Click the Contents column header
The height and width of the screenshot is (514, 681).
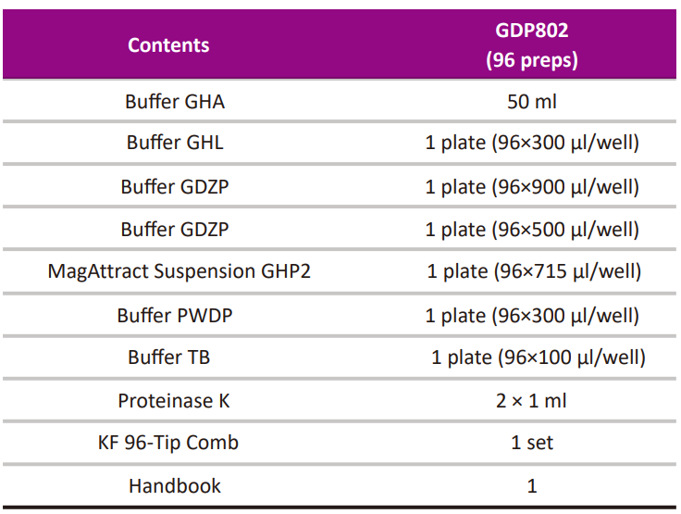coord(168,44)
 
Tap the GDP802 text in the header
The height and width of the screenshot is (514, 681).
coord(532,31)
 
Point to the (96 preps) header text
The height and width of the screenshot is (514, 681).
coord(532,61)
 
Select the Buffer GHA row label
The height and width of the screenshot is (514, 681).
coord(175,102)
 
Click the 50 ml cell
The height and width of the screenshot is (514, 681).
coord(532,102)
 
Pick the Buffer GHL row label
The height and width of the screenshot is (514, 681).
coord(175,144)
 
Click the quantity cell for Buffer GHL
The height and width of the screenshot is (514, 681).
coord(532,144)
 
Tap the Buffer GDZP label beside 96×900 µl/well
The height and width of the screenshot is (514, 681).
coord(175,186)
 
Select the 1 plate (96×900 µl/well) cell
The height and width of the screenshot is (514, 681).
coord(532,186)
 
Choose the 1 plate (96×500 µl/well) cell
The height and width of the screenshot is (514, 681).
coord(532,229)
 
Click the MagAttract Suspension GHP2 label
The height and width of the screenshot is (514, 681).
coord(178,271)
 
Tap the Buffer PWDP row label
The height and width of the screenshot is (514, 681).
coord(175,315)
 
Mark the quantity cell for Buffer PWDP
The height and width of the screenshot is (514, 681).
coord(532,315)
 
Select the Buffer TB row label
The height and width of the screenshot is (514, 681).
coord(175,357)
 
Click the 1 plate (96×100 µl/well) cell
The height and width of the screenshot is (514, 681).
coord(538,357)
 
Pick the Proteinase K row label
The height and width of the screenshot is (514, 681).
coord(174,401)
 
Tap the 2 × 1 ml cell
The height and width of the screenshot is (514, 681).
coord(532,401)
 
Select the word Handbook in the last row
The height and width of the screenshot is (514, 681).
coord(175,485)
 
